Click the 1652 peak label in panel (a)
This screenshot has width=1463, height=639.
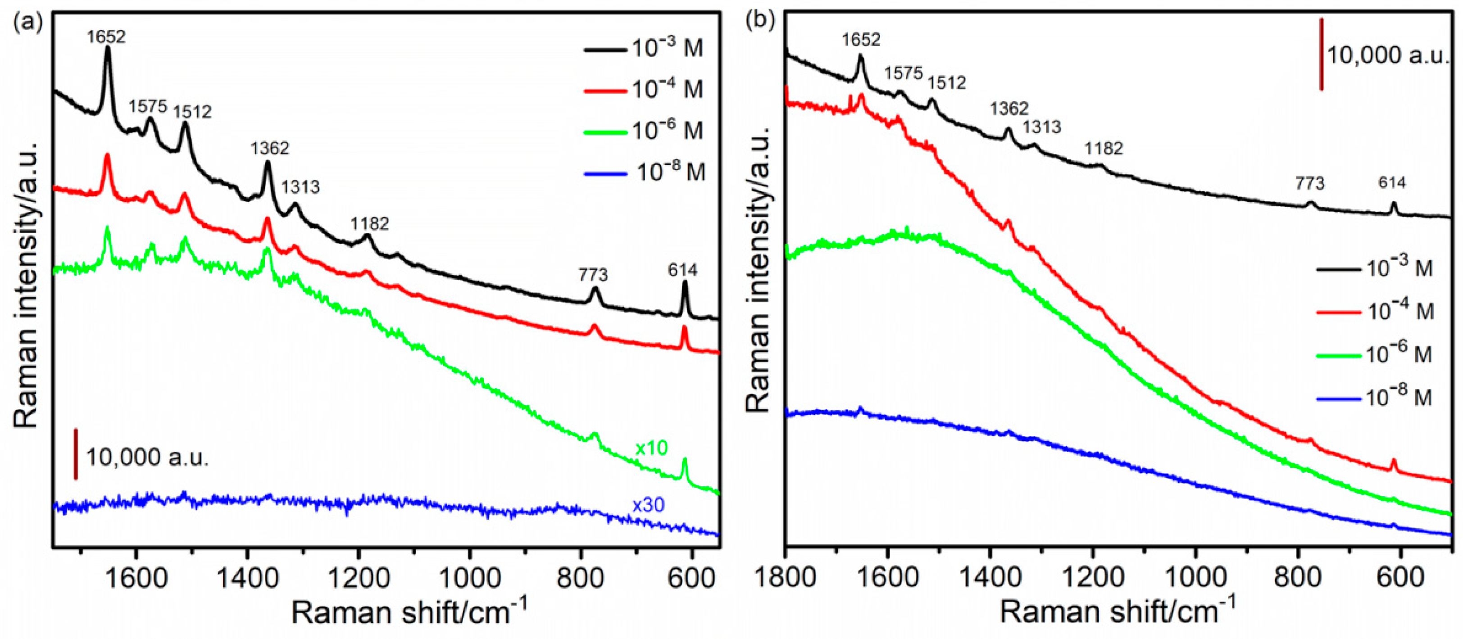pyautogui.click(x=106, y=37)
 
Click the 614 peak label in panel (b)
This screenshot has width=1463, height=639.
pyautogui.click(x=1392, y=183)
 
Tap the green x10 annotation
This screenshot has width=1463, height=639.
pyautogui.click(x=651, y=449)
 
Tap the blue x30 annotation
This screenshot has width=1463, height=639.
pyautogui.click(x=648, y=505)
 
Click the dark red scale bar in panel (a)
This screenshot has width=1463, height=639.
pyautogui.click(x=76, y=454)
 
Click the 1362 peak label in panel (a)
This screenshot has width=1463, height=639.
pyautogui.click(x=270, y=149)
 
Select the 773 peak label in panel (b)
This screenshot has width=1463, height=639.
pyautogui.click(x=1310, y=183)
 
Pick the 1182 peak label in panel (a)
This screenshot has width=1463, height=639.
pyautogui.click(x=370, y=224)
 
